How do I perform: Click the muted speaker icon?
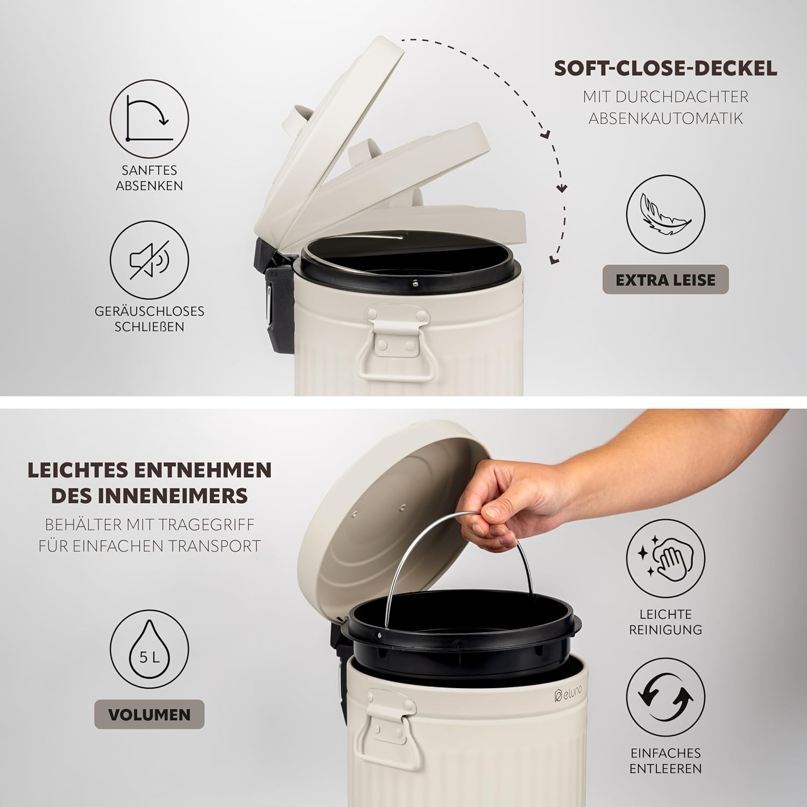click(x=149, y=260)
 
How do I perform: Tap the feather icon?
click(x=666, y=218)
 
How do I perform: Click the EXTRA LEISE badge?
click(x=666, y=280)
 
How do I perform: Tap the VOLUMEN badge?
click(x=149, y=714)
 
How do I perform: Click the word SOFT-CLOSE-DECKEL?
click(x=666, y=68)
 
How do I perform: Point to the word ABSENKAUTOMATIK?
click(x=666, y=118)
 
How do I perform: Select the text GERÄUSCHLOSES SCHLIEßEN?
click(x=149, y=319)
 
